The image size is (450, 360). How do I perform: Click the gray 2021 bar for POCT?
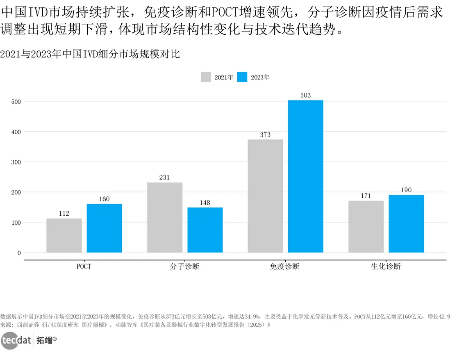64,235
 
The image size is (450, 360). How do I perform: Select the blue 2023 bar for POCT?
104,228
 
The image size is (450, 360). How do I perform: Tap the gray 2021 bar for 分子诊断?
165,217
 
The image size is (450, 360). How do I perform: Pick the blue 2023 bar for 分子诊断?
205,230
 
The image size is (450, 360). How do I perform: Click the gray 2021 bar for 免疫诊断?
265,196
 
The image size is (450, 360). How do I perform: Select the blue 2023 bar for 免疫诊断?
305,176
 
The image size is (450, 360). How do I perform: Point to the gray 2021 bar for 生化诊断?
366,227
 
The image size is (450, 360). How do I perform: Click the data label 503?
305,95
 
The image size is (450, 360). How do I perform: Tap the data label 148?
205,203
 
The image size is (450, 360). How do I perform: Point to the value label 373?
265,134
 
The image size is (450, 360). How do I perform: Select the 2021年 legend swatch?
206,77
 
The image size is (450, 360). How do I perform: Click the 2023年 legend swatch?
243,77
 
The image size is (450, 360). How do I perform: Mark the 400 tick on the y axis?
16,132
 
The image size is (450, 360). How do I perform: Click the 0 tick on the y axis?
19,253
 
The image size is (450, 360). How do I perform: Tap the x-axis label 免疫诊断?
285,267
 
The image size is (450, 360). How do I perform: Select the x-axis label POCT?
84,267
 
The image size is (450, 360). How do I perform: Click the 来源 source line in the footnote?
135,325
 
